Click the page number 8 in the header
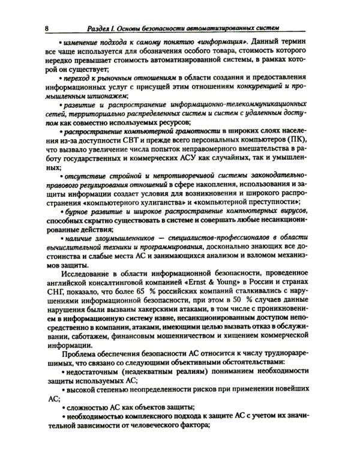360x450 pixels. click(x=47, y=28)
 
